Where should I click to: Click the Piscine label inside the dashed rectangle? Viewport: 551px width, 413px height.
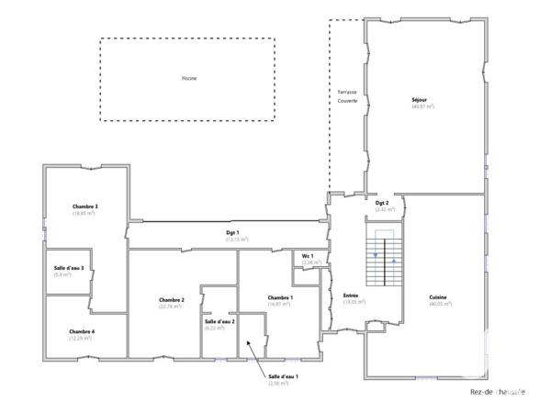click(188, 79)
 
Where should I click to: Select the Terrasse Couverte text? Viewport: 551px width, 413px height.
click(346, 97)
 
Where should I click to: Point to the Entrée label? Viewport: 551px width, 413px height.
click(351, 295)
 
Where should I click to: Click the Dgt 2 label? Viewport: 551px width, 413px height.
click(383, 203)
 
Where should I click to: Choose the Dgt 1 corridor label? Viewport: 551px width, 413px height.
click(232, 233)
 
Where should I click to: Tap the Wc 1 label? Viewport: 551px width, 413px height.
click(309, 256)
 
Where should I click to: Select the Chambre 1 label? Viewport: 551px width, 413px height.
click(280, 297)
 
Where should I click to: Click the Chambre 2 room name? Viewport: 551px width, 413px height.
click(172, 300)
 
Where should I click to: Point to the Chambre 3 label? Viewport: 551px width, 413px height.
click(84, 206)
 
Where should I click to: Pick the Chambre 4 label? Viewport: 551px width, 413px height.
click(82, 331)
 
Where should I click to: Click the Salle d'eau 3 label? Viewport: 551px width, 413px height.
click(69, 268)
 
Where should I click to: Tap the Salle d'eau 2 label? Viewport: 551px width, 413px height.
click(219, 321)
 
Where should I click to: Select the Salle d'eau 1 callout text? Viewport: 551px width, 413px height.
click(283, 376)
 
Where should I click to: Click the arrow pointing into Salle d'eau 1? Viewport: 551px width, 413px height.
click(256, 359)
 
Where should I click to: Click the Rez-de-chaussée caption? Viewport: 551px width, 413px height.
click(497, 393)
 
